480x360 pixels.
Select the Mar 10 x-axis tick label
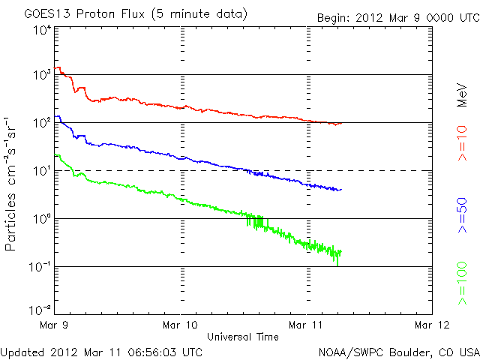[x=181, y=325]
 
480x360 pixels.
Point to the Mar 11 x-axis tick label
[x=307, y=325]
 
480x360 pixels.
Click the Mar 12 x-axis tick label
[x=431, y=325]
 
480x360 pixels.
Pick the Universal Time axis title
[x=243, y=337]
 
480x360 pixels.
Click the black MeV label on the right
[x=462, y=95]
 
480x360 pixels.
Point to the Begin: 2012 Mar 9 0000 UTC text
[x=396, y=15]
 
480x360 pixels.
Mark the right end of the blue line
[x=341, y=190]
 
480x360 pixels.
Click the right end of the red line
[x=341, y=123]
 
